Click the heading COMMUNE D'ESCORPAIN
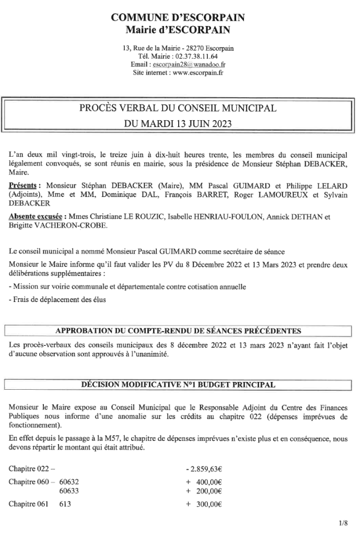[178, 18]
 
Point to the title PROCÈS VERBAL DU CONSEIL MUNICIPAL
[178, 109]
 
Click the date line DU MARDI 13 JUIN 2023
[178, 124]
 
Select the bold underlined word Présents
[22, 185]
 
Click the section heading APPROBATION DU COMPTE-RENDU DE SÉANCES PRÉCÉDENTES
[178, 330]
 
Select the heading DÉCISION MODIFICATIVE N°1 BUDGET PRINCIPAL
[178, 385]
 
